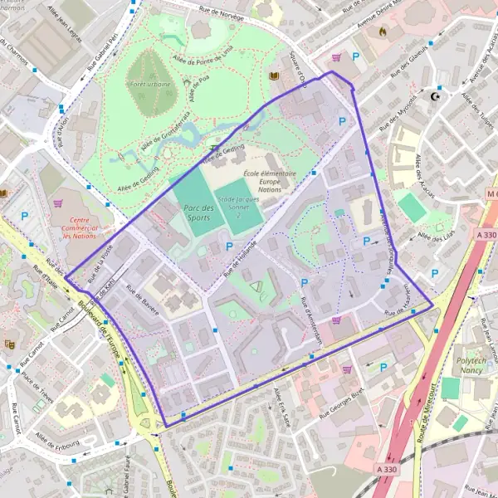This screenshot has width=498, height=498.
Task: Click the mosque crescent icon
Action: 434,95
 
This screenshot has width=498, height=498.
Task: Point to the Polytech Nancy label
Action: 474,367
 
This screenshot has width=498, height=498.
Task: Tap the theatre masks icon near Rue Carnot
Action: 9,344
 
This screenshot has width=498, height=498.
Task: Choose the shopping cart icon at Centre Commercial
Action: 57,203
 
